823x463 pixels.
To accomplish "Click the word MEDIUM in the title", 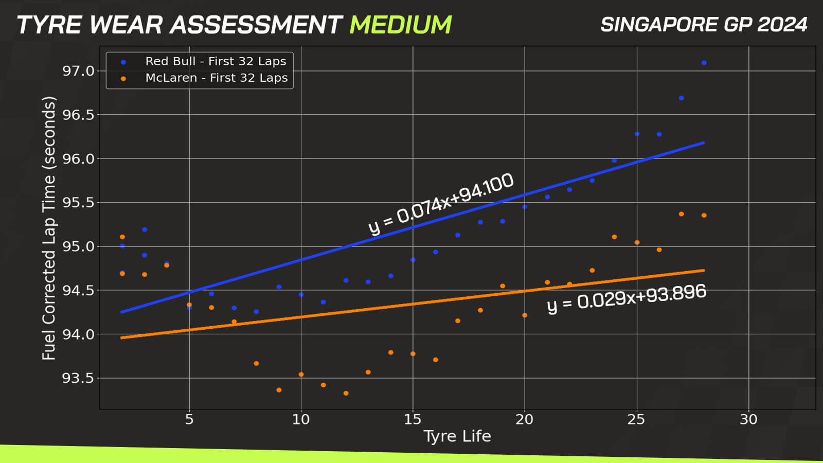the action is pyautogui.click(x=401, y=25).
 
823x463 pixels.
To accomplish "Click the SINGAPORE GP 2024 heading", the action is pyautogui.click(x=704, y=25).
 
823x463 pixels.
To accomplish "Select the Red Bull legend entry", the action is pyautogui.click(x=204, y=61).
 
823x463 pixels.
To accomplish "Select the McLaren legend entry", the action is pyautogui.click(x=205, y=78).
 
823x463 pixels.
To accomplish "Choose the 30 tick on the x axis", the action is pyautogui.click(x=748, y=419).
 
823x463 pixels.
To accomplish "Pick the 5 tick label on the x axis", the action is pyautogui.click(x=189, y=419).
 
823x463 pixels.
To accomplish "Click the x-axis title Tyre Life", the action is pyautogui.click(x=457, y=437).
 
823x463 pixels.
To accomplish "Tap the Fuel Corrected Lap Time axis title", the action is pyautogui.click(x=49, y=228).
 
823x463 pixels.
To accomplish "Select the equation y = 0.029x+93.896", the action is pyautogui.click(x=627, y=298).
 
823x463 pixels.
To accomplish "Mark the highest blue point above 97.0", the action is pyautogui.click(x=704, y=63).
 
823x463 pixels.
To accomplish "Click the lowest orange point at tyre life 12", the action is pyautogui.click(x=346, y=393).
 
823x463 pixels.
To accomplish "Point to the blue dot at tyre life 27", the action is pyautogui.click(x=681, y=98).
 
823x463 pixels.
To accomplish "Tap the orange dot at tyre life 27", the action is pyautogui.click(x=681, y=214).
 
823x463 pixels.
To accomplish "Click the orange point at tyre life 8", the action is pyautogui.click(x=257, y=363).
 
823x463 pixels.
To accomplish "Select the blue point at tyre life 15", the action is pyautogui.click(x=413, y=260).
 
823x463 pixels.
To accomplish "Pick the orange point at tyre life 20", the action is pyautogui.click(x=525, y=315).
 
